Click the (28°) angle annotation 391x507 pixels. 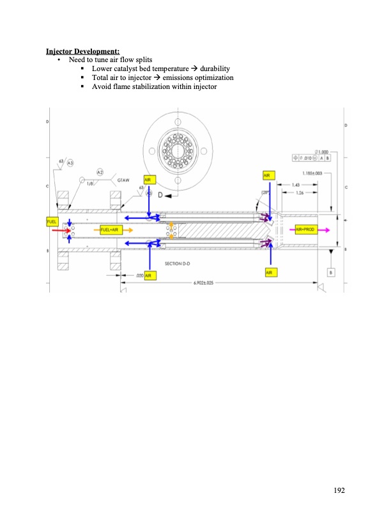264,191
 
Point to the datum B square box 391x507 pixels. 331,272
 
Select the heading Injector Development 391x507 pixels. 82,51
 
